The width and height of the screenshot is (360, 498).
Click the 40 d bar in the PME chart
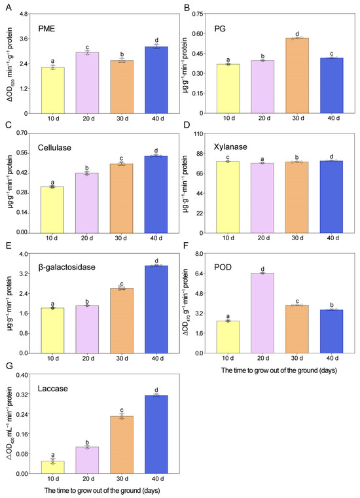click(156, 80)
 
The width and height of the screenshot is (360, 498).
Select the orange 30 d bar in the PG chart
click(297, 76)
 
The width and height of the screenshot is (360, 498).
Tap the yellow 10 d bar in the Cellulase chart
click(52, 210)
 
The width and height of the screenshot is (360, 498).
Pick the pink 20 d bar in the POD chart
click(262, 313)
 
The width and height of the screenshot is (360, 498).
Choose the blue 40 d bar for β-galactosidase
click(156, 310)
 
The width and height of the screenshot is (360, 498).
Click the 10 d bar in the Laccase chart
click(53, 467)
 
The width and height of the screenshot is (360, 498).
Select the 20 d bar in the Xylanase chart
click(262, 198)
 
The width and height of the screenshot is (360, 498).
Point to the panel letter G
click(9, 366)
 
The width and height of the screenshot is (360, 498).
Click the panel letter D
click(187, 125)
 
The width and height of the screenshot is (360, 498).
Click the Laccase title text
click(53, 389)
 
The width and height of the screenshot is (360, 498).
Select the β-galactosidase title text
click(67, 267)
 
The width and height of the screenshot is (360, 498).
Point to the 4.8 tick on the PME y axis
click(24, 14)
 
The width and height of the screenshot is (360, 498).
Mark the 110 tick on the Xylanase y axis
click(198, 133)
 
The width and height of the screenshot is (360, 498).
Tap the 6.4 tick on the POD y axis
click(198, 274)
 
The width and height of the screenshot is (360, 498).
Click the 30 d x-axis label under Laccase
click(122, 478)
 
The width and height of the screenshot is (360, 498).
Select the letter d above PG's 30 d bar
click(297, 34)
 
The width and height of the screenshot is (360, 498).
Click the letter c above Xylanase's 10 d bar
click(228, 158)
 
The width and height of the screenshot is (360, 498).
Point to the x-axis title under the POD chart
click(279, 370)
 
